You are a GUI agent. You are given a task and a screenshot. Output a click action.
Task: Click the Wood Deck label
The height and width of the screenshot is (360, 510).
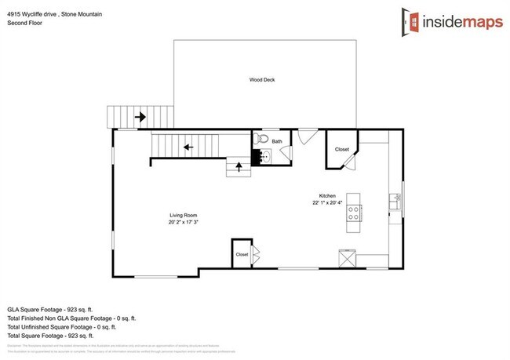[x=262, y=79]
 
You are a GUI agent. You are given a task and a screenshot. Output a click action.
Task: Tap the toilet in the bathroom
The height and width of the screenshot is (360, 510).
[x=261, y=140]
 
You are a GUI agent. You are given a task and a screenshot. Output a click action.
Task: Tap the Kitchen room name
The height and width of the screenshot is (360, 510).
[x=327, y=195]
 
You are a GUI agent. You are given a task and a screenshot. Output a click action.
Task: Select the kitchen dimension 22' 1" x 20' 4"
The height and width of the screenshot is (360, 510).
[x=328, y=202]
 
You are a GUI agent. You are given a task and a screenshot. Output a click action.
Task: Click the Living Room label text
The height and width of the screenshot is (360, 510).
[x=183, y=215]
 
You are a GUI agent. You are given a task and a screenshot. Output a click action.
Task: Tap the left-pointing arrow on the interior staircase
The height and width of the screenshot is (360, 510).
[x=188, y=146]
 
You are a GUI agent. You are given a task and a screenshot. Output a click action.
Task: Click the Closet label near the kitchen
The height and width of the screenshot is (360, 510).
[x=342, y=149]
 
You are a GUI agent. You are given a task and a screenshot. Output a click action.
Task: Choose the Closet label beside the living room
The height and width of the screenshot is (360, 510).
[x=242, y=254]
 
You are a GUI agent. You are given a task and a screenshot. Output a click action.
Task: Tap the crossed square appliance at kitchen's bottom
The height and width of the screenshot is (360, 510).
[x=347, y=257]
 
